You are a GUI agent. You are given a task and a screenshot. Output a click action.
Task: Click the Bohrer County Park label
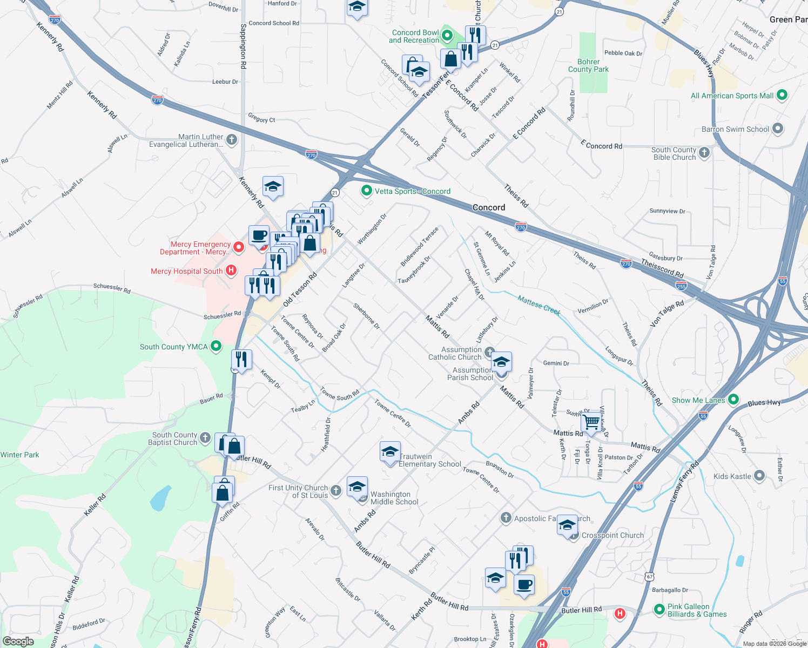pos(588,65)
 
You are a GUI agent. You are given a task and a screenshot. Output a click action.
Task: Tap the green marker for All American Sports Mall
pos(782,95)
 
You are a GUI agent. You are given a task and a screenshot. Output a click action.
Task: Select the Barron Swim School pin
pos(778,129)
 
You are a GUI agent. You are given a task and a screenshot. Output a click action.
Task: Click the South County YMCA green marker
pos(216,346)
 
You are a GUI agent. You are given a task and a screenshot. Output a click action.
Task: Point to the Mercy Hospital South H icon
pos(231,271)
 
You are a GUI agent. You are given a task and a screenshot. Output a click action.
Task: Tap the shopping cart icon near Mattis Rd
pos(592,422)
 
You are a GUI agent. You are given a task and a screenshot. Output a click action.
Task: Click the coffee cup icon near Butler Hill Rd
pos(524,584)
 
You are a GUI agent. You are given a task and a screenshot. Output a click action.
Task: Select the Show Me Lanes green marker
pos(733,400)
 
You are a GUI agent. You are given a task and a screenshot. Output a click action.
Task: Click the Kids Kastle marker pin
pos(759,476)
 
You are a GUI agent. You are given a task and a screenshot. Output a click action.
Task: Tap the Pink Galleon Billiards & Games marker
pos(659,610)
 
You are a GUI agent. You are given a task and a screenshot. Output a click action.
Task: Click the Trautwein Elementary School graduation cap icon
pos(389,452)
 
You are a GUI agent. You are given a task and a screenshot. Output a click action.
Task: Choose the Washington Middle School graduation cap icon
pos(357,487)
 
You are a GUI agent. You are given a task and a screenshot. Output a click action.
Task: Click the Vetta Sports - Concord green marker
pos(367,191)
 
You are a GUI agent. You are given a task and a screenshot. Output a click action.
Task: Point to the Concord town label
pos(489,207)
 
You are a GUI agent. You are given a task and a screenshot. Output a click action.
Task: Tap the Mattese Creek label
pos(538,305)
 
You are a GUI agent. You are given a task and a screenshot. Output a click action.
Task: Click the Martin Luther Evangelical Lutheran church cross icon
pos(232,140)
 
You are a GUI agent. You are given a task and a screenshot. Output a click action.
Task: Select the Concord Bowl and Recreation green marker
pos(447,36)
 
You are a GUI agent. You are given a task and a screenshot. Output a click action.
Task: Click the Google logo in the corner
pos(18,641)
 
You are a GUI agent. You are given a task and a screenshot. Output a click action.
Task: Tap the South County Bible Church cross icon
pos(704,153)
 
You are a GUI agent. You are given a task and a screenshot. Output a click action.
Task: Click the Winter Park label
pos(20,455)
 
